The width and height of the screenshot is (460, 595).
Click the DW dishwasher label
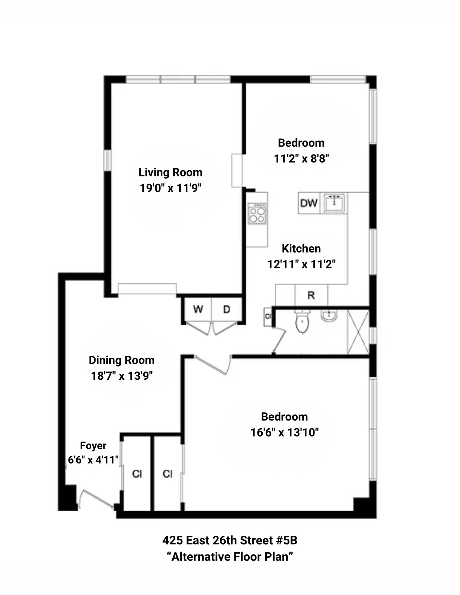[309, 203]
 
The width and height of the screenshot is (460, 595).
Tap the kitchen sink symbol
[335, 203]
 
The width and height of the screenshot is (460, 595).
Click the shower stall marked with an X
[358, 332]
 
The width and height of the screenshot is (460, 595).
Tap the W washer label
[198, 309]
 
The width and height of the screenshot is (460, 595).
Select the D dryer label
[226, 309]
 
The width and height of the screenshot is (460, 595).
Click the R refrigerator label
[311, 296]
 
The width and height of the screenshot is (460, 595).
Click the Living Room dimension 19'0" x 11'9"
[171, 188]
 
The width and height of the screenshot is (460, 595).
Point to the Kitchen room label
[301, 249]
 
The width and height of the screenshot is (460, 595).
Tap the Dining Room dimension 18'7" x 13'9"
[121, 376]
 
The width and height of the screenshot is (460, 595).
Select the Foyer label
[93, 446]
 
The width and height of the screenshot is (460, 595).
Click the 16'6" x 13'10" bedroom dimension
[285, 432]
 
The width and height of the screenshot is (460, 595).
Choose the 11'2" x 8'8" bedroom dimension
[302, 158]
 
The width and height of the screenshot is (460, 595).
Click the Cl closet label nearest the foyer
[137, 474]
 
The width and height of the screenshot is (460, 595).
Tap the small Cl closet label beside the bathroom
[268, 317]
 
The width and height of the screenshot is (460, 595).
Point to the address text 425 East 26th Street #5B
[230, 540]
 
